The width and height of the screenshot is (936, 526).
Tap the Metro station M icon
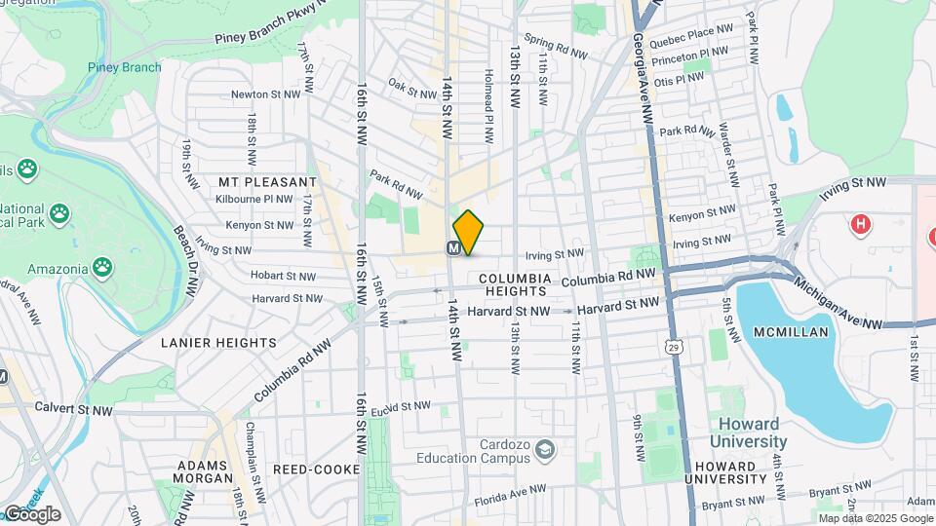pyautogui.click(x=454, y=248)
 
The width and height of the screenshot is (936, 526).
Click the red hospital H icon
pyautogui.click(x=859, y=225)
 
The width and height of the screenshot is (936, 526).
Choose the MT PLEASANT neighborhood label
pyautogui.click(x=267, y=182)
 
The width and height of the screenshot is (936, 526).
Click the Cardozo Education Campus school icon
pyautogui.click(x=543, y=450)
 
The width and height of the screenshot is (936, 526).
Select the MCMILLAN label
pyautogui.click(x=791, y=332)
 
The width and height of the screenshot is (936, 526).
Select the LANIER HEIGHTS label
pyautogui.click(x=218, y=343)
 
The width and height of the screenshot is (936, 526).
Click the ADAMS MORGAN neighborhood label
pyautogui.click(x=204, y=471)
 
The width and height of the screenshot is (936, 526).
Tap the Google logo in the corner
pyautogui.click(x=31, y=514)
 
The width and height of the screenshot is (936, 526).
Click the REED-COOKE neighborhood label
pyautogui.click(x=305, y=470)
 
